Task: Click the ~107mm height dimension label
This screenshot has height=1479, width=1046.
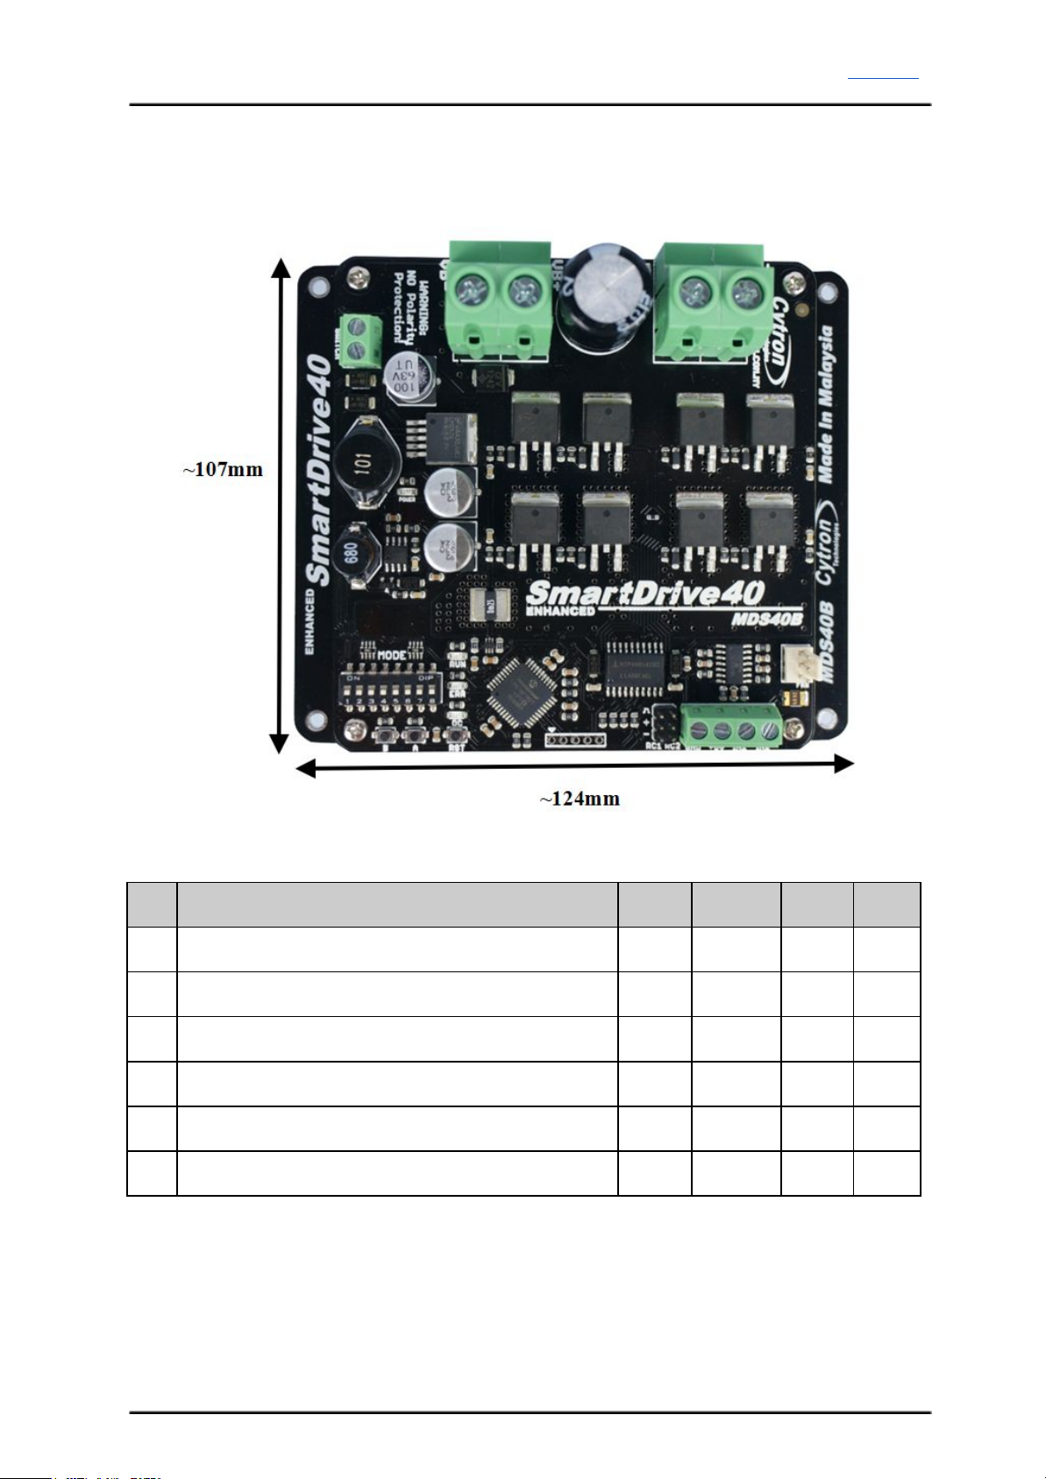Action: pyautogui.click(x=223, y=469)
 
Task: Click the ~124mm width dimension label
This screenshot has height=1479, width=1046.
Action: pyautogui.click(x=579, y=799)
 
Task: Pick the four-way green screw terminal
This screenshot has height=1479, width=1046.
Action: pyautogui.click(x=731, y=726)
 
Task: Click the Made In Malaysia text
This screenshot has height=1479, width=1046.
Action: pyautogui.click(x=825, y=404)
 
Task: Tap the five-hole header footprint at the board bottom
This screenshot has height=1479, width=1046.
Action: pyautogui.click(x=576, y=741)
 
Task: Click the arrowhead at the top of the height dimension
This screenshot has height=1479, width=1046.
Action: pyautogui.click(x=281, y=266)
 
